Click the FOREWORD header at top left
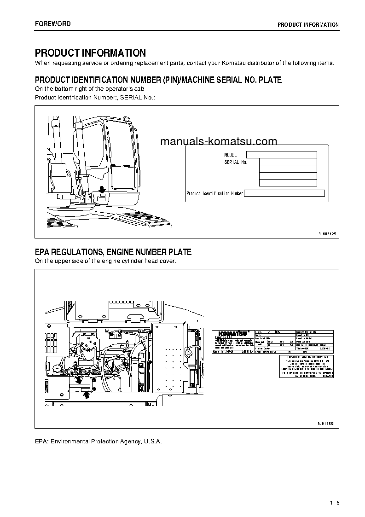click(53, 23)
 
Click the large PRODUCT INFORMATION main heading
click(90, 53)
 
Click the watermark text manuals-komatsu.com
click(219, 141)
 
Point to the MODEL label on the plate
click(230, 155)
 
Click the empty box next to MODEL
click(281, 155)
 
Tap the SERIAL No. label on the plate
click(236, 162)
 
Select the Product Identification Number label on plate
click(214, 193)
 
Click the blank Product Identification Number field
click(284, 193)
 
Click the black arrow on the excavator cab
click(102, 189)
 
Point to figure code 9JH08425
click(327, 234)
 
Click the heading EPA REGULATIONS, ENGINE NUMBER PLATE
click(113, 252)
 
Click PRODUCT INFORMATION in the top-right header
click(308, 24)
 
